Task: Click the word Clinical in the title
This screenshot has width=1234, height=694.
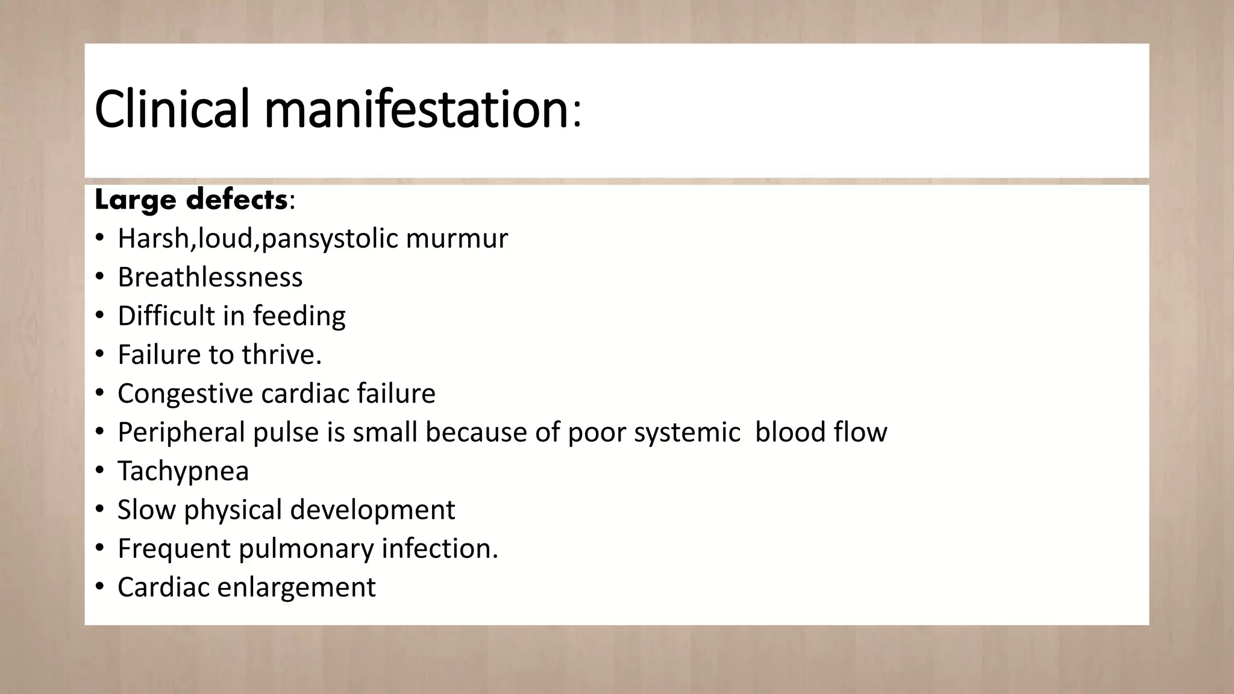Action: [x=171, y=109]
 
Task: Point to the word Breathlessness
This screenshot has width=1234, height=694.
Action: [x=210, y=277]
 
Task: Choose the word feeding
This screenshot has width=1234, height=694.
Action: [x=299, y=316]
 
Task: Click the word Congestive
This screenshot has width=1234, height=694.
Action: [x=185, y=393]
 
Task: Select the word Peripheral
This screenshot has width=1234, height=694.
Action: [x=181, y=432]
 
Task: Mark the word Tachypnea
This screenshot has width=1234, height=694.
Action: [x=183, y=470]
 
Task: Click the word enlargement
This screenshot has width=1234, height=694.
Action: [x=296, y=587]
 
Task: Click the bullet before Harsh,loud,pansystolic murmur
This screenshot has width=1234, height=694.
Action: [x=99, y=239]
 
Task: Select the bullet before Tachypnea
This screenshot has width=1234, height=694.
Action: [x=99, y=470]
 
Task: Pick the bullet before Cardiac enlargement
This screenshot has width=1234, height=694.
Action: [x=99, y=587]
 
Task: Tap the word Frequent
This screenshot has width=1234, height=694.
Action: [x=174, y=548]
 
